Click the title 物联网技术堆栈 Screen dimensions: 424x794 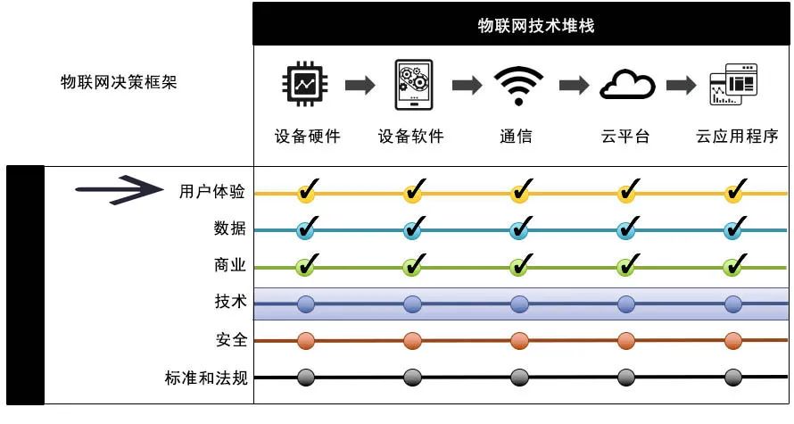click(523, 25)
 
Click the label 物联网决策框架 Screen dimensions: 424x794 click(118, 83)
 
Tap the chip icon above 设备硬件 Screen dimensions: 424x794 click(306, 85)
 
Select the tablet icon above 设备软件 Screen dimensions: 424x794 click(413, 85)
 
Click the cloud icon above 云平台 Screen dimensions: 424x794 click(626, 86)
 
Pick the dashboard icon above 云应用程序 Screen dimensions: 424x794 click(732, 85)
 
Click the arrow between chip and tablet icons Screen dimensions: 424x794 click(360, 86)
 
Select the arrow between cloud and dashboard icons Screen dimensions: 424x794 click(681, 86)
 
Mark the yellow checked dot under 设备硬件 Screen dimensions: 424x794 click(306, 192)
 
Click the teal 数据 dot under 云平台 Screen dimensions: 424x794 click(626, 229)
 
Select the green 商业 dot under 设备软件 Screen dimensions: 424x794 click(412, 266)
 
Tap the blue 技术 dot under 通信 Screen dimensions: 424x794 click(519, 304)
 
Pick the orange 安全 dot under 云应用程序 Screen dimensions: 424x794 click(733, 340)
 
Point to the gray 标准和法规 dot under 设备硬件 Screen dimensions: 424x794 click(306, 378)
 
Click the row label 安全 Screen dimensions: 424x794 click(231, 340)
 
